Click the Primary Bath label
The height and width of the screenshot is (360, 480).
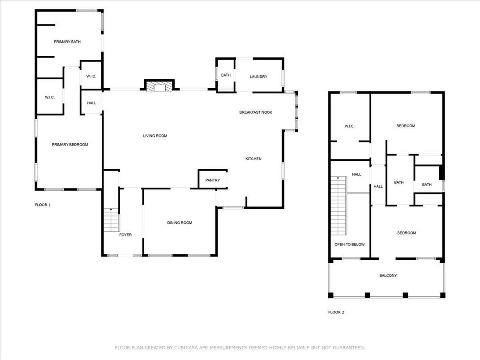[67, 42]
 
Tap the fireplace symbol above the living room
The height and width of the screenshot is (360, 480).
[159, 86]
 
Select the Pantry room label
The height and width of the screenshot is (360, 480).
[212, 180]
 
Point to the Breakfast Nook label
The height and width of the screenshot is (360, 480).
[256, 112]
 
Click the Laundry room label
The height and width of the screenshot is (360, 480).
[258, 77]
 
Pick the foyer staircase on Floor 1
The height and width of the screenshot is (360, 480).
[111, 219]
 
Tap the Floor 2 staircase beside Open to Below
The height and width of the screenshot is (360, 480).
[338, 206]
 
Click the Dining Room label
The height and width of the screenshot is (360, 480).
[180, 223]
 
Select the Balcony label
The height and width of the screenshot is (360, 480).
[388, 275]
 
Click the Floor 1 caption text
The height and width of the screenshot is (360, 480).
[43, 205]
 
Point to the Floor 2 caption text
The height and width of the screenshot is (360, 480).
[336, 312]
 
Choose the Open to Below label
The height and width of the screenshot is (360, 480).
[350, 244]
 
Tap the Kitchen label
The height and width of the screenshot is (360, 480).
[253, 159]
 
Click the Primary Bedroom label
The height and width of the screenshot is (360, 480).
[70, 145]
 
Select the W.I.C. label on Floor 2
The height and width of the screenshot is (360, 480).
[349, 126]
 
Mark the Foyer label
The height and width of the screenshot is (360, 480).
[125, 235]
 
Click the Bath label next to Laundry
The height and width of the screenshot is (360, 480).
[226, 75]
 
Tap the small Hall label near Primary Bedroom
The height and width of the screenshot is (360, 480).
[91, 103]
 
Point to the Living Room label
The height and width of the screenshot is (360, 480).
[155, 136]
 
